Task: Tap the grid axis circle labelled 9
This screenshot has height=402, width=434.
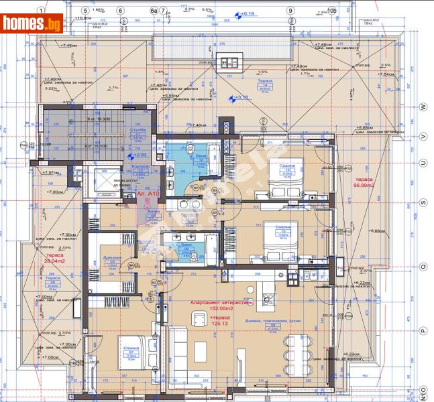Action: pos(290,11)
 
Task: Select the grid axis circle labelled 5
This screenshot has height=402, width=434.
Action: pos(85,11)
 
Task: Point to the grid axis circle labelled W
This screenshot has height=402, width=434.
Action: pos(423,107)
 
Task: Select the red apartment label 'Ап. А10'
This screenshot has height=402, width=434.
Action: pos(148,194)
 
